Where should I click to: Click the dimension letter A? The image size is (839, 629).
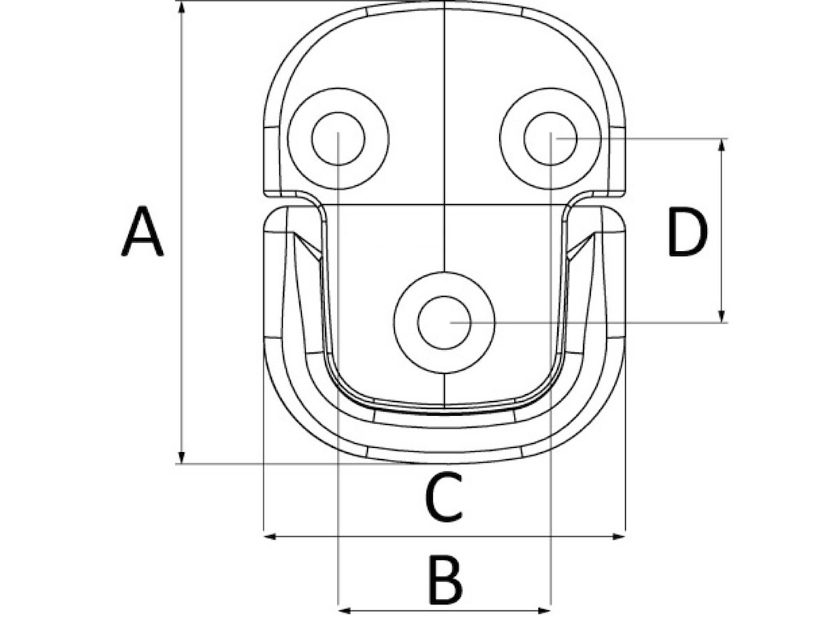click(142, 231)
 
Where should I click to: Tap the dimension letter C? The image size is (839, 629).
click(443, 497)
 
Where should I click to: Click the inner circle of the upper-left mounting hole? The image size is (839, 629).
click(338, 138)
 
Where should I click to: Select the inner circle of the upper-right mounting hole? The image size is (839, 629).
click(550, 138)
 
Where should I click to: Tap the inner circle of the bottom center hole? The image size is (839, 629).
click(444, 323)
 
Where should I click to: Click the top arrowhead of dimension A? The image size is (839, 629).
click(182, 8)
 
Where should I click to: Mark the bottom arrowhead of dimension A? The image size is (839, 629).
click(182, 457)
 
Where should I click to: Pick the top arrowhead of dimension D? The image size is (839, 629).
click(722, 145)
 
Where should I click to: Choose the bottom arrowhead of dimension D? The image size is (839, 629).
click(722, 316)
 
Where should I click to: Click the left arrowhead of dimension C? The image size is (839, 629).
click(271, 537)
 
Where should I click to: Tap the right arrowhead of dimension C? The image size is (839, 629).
click(619, 537)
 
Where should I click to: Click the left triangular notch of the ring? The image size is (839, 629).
click(308, 245)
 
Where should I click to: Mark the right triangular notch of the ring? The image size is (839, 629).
click(580, 245)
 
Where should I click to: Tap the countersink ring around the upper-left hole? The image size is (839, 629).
click(338, 138)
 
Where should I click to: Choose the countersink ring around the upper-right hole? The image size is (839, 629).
click(550, 138)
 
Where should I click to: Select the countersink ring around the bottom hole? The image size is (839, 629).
click(444, 323)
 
